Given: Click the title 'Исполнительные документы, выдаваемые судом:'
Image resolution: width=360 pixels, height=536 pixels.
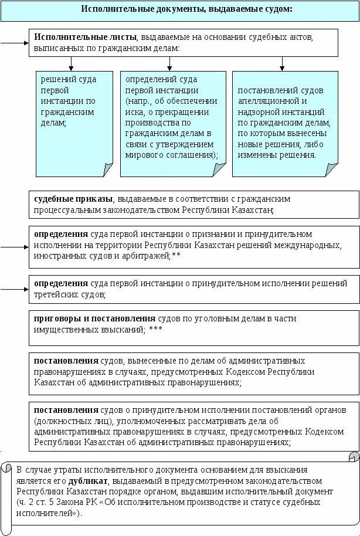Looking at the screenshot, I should point(186,9).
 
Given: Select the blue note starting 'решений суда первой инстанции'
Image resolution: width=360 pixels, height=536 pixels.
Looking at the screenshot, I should point(74,123).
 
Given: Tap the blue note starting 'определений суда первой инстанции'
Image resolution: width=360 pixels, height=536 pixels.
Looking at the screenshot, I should point(173,123).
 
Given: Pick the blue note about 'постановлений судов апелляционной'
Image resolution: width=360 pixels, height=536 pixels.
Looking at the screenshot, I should point(285,123).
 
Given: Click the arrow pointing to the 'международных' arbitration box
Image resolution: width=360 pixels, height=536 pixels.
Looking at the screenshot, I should point(13,247).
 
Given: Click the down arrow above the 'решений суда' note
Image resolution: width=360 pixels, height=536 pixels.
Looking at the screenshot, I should point(70,63).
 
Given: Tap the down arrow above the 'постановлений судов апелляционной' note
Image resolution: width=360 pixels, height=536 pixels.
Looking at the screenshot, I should point(282,63).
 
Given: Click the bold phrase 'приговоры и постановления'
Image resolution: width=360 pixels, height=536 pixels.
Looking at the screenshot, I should point(94,318).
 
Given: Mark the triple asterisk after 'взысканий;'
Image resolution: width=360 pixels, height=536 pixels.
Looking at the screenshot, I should point(155,330).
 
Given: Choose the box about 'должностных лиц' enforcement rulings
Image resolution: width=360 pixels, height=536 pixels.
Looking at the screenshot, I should point(193,425).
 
